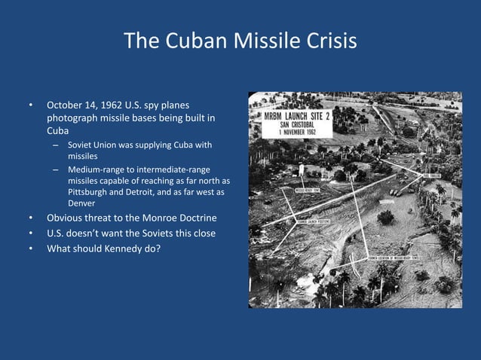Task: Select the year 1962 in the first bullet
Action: (x=128, y=105)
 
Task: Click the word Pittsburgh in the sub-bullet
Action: (x=91, y=193)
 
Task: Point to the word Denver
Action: (x=82, y=203)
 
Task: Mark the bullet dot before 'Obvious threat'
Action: (x=31, y=219)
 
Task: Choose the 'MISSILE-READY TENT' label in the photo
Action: (x=309, y=191)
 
